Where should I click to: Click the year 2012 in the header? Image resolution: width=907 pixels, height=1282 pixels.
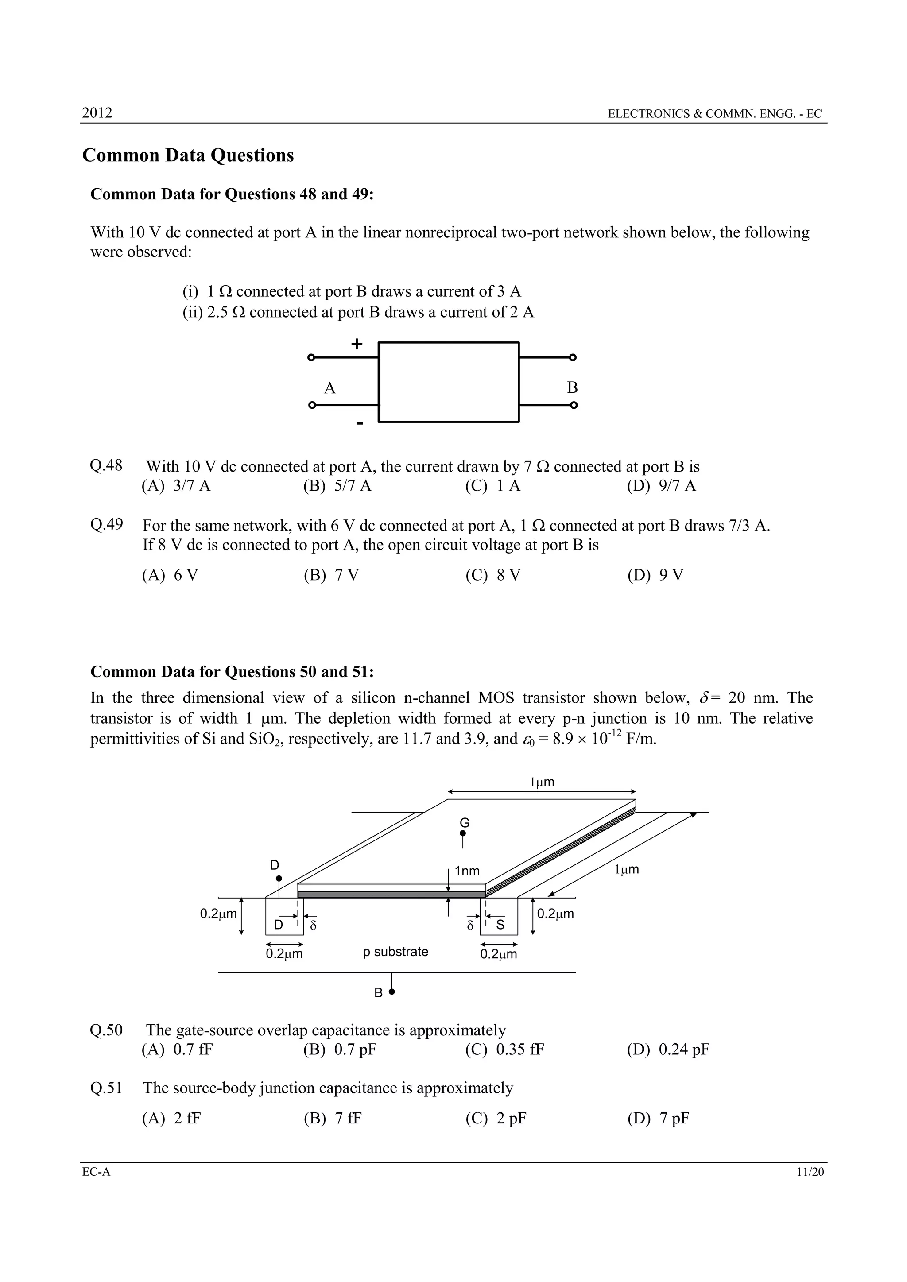pos(97,113)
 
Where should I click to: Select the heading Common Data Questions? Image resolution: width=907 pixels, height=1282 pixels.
pos(188,155)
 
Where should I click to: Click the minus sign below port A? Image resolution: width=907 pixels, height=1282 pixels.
pos(360,424)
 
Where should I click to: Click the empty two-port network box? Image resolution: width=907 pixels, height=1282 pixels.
pos(449,382)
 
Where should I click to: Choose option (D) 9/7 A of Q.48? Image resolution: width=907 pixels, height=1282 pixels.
pos(661,486)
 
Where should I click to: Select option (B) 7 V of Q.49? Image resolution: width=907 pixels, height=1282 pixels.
pos(331,575)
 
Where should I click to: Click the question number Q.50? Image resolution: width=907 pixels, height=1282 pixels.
pos(106,1030)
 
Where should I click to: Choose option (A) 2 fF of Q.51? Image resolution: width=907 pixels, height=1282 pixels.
pos(171,1119)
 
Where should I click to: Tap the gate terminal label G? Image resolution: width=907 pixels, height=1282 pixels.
pos(464,823)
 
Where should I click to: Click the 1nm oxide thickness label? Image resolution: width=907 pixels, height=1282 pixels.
pos(467,871)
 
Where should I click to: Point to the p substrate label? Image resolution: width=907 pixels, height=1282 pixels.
pos(395,952)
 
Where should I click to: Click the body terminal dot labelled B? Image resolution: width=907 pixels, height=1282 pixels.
pos(391,992)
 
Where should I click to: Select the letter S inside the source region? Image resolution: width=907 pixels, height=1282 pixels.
pos(500,925)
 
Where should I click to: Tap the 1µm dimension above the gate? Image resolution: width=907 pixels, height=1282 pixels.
pos(542,782)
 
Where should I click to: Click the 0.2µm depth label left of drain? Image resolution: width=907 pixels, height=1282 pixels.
pos(218,914)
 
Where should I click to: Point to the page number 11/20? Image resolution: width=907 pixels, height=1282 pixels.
pos(810,1172)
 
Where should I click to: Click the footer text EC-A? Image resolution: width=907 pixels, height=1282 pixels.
pos(96,1172)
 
